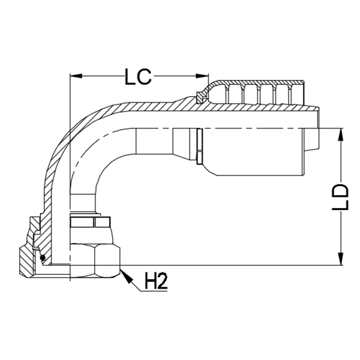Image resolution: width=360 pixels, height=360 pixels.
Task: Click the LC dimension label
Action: point(139,77)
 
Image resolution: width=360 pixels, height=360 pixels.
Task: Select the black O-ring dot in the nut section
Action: point(43,258)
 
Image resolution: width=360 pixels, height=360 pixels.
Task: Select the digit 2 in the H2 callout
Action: point(161,281)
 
